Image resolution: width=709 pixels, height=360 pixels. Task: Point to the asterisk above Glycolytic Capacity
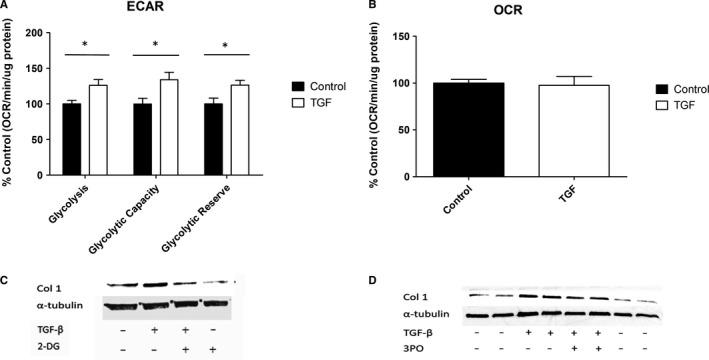pos(155,44)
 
